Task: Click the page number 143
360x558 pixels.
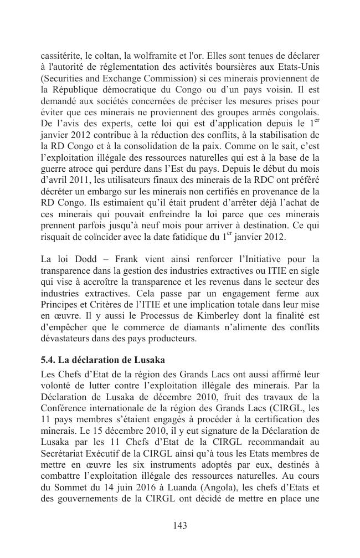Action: [179, 526]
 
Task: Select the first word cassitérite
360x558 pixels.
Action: [58, 56]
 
